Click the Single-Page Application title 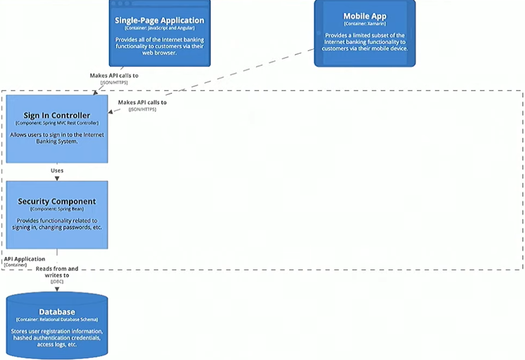tap(159, 20)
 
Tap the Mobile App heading tap(365, 16)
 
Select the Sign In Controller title tap(57, 115)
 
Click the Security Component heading tap(57, 201)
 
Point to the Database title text tap(57, 312)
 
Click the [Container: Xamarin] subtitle tap(365, 24)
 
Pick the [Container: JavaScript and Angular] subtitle tap(159, 28)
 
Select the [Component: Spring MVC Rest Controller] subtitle tap(57, 123)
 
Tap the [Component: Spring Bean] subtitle tap(57, 209)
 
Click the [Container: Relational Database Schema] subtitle tap(57, 319)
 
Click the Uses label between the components tap(57, 170)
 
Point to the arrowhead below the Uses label tap(57, 178)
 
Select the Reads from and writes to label tap(57, 272)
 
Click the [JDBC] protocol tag tap(57, 282)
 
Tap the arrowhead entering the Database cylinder tap(57, 289)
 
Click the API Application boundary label tap(25, 259)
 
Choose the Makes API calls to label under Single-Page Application tap(114, 75)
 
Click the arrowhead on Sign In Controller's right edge tap(111, 112)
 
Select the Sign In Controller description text tap(57, 138)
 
